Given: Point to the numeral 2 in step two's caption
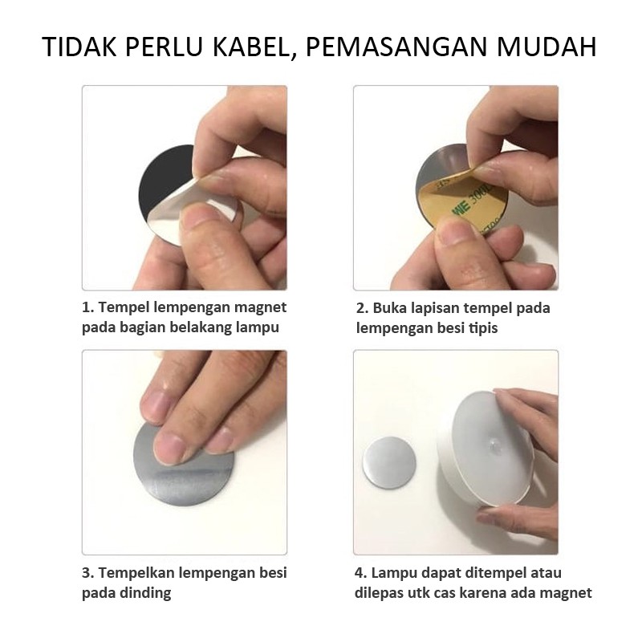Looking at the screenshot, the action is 360,308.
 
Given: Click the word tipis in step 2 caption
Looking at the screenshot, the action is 483,328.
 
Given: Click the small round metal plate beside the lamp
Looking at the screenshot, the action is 389,463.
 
